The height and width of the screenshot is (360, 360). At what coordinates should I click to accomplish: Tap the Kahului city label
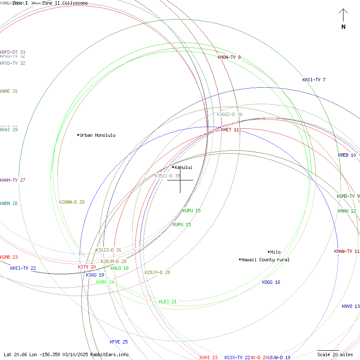click(183, 167)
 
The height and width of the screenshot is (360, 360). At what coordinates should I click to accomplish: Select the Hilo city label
click(275, 252)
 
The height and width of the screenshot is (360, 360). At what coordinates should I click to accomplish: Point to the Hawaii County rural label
click(265, 260)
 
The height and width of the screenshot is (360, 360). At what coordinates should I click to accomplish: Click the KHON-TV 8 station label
click(229, 57)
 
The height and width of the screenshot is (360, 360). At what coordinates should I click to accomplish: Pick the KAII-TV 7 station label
click(314, 80)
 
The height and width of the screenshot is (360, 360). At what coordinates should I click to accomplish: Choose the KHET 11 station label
click(230, 130)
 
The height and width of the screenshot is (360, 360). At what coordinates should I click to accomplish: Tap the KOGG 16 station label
click(271, 282)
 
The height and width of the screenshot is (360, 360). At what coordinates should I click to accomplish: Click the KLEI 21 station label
click(168, 302)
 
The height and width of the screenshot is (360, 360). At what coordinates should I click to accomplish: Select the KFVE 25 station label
click(119, 342)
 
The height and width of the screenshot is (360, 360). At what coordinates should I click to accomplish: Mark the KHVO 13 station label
click(351, 306)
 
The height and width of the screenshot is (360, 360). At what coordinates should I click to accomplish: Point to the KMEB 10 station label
click(347, 155)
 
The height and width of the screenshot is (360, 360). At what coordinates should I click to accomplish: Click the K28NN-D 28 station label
click(72, 202)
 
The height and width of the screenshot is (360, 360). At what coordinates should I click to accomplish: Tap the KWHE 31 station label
click(9, 91)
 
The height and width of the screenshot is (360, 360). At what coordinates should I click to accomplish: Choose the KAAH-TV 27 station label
click(13, 180)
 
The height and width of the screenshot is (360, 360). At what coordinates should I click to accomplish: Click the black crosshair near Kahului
click(180, 180)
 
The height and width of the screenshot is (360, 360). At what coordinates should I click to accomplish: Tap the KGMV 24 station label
click(105, 282)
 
